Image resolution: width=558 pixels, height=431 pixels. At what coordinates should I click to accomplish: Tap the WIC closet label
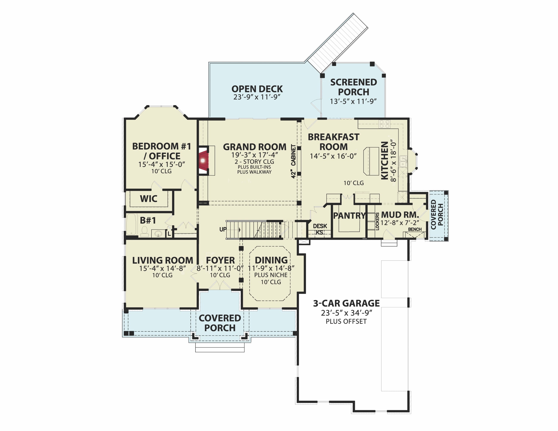[148, 199]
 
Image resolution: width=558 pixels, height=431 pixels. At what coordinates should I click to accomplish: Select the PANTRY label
[349, 216]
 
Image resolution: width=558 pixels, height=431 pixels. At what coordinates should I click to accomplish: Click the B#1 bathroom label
[148, 220]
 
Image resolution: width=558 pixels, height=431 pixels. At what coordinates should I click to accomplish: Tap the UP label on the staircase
[223, 229]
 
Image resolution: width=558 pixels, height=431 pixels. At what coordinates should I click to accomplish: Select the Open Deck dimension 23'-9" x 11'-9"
[257, 97]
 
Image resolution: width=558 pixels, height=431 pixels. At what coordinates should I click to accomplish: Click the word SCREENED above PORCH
[354, 82]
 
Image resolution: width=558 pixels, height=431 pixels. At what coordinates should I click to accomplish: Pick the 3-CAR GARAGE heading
[346, 303]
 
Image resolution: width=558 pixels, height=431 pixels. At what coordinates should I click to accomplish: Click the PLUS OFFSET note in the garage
[346, 321]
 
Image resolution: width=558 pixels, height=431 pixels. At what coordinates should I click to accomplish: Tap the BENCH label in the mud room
[415, 229]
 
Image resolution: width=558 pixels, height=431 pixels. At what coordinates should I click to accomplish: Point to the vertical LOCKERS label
[377, 221]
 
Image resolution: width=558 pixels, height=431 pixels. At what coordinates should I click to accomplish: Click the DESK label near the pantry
[320, 226]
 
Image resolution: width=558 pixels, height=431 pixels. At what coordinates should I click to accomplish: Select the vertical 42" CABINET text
[293, 161]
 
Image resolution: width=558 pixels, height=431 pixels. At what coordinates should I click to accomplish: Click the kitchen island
[371, 161]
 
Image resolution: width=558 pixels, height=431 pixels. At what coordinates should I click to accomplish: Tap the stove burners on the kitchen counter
[385, 124]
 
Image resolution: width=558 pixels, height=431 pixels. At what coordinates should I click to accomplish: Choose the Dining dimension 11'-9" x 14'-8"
[271, 268]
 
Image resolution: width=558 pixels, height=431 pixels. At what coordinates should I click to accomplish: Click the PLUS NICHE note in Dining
[271, 275]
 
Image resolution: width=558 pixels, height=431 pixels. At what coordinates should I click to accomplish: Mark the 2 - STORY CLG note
[254, 162]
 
